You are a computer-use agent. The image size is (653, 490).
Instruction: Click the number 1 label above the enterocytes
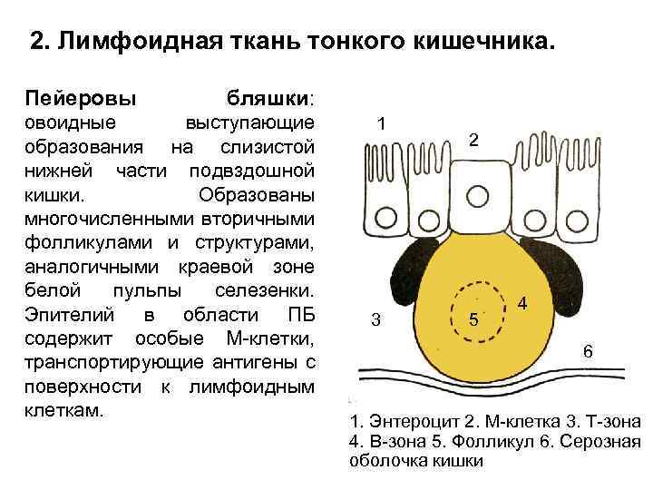point(382,124)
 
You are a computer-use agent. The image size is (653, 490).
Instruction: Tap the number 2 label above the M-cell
point(473,140)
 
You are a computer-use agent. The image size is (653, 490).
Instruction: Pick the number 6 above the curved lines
point(588,351)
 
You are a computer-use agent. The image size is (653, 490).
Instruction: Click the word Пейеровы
point(81,96)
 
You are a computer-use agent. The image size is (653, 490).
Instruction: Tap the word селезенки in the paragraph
point(263,293)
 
